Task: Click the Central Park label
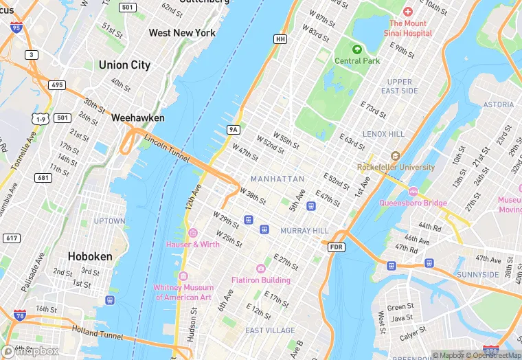356,60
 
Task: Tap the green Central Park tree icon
356,49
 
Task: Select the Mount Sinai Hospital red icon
407,12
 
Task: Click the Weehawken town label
138,118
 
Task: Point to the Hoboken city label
90,256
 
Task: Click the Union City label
124,65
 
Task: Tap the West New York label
182,33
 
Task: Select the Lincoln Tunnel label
166,149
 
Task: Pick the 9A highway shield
234,129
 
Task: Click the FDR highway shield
336,247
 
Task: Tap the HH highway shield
280,39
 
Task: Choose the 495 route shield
57,85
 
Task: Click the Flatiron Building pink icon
260,269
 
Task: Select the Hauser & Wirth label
192,244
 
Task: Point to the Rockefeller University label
396,167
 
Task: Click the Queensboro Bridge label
413,203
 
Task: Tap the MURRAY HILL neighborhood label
305,230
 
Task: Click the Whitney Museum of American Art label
184,292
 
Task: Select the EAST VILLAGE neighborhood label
270,330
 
